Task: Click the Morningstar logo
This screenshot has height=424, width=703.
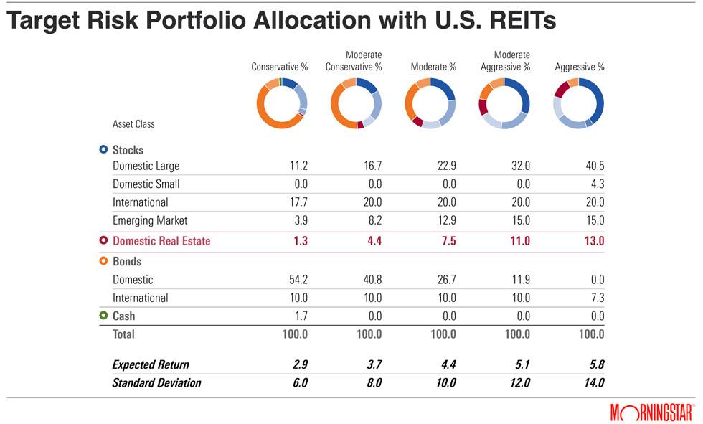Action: pos(652,412)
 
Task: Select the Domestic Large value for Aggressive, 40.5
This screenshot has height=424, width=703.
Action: pos(594,166)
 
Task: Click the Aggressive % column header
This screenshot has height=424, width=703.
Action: pos(580,67)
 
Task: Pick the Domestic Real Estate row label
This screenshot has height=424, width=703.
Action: pos(161,241)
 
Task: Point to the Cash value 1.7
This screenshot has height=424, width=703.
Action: pos(301,316)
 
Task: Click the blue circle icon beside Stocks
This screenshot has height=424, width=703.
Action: pos(103,150)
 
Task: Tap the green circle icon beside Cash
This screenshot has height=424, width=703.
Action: pos(103,316)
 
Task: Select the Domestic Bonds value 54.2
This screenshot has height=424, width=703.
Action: pos(297,280)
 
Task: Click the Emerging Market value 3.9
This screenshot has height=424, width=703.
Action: pos(301,220)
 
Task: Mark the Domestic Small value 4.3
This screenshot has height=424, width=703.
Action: pos(597,184)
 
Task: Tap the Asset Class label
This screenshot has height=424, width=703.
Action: pos(133,124)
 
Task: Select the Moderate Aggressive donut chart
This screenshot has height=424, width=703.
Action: pos(504,103)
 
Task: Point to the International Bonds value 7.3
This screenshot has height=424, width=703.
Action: pos(597,298)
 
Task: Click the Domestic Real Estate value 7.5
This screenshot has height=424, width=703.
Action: pos(448,241)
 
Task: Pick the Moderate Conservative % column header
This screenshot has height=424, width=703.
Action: pos(354,61)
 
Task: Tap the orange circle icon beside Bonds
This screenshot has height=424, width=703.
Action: pos(103,262)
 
